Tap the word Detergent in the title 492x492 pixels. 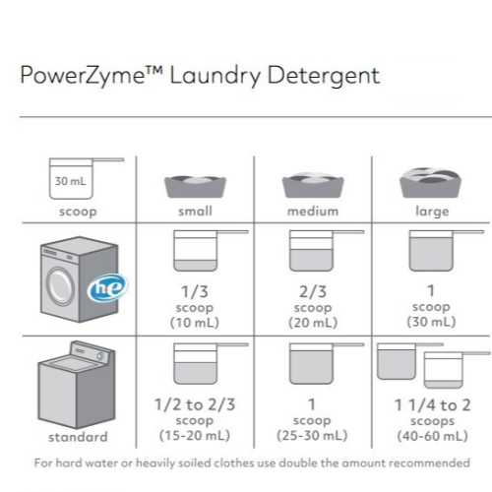324,76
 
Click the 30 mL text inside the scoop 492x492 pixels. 71,181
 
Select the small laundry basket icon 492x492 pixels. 195,186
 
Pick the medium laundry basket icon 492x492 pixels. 313,185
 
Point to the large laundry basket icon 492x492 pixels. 430,183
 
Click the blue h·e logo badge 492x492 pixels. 107,287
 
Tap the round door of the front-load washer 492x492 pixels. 60,286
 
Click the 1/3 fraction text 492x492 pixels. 195,291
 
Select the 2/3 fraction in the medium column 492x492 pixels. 313,291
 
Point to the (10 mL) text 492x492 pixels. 195,323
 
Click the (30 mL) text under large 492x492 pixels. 431,322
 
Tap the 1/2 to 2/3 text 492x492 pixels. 195,404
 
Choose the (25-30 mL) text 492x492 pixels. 312,435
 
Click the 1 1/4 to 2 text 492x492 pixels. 432,405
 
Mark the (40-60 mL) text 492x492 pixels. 432,436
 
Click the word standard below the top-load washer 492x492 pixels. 78,437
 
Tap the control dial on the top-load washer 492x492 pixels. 100,356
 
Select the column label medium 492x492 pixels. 313,212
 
